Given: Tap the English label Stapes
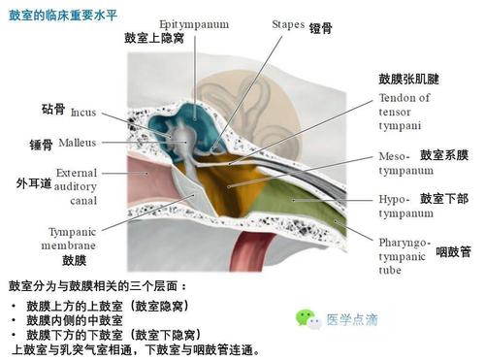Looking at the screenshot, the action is pos(287,21).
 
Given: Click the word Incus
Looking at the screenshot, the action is pos(83,112).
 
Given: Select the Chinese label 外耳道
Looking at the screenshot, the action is pos(34,182).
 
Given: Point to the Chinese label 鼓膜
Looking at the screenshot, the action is pos(75,260).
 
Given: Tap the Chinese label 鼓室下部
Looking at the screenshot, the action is pos(444,199).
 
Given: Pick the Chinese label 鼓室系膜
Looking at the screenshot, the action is pos(444,155).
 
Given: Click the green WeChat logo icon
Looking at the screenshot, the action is pos(307,317).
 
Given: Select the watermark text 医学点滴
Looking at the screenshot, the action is pos(351,318).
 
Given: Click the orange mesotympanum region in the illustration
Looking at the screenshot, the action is pos(238,175).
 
